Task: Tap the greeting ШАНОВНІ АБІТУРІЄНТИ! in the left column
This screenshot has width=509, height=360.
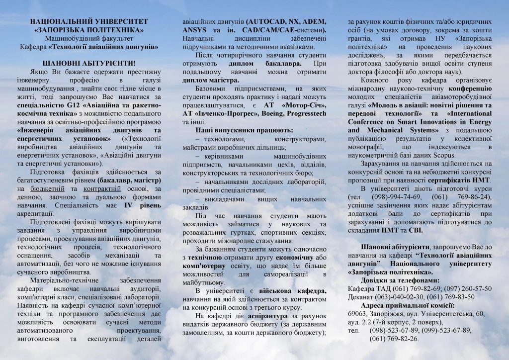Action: coord(89,64)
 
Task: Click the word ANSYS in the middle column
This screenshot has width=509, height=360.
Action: coord(195,30)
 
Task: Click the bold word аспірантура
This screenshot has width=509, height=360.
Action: coord(263,316)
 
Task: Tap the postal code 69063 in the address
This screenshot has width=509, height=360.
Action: coord(357,314)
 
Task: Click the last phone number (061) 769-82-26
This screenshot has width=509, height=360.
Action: coord(394,338)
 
